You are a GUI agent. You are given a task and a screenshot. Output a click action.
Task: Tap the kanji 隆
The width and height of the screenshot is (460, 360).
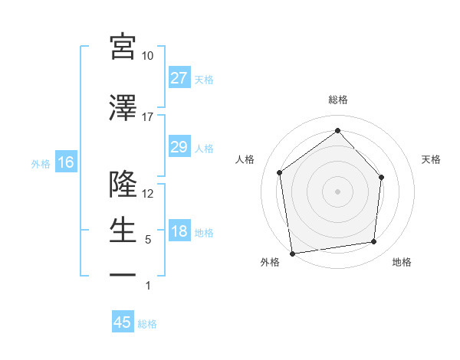click(x=123, y=184)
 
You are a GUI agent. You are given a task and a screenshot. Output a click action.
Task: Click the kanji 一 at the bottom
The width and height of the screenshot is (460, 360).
click(x=123, y=274)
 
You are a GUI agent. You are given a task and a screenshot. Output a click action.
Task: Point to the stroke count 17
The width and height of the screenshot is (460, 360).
click(x=148, y=117)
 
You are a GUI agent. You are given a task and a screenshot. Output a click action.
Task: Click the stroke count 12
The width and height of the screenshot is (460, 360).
click(x=148, y=194)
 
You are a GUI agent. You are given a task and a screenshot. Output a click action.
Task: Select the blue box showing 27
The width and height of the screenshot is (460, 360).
click(x=179, y=78)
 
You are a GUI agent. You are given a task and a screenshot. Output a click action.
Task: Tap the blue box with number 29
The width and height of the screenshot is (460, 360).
click(x=179, y=147)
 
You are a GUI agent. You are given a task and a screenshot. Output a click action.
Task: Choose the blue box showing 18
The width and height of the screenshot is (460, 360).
click(x=179, y=232)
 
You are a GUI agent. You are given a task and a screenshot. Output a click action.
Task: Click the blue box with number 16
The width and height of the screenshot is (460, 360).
click(x=65, y=162)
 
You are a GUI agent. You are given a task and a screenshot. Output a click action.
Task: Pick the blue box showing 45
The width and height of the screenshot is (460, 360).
click(x=123, y=322)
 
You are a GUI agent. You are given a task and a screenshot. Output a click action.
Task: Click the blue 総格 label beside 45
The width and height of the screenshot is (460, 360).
click(x=147, y=324)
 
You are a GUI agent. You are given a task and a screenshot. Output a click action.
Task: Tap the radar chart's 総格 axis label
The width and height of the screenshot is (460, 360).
click(x=337, y=100)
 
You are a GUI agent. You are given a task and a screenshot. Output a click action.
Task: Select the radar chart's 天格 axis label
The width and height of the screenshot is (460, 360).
click(x=432, y=159)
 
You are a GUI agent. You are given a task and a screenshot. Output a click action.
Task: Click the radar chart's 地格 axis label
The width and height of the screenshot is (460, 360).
click(x=402, y=262)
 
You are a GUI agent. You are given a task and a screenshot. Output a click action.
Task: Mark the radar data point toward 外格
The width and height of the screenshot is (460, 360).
click(x=292, y=253)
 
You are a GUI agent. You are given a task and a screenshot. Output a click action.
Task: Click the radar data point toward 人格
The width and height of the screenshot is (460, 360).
click(x=280, y=172)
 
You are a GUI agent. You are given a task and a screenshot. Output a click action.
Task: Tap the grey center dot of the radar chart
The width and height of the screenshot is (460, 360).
click(x=337, y=191)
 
